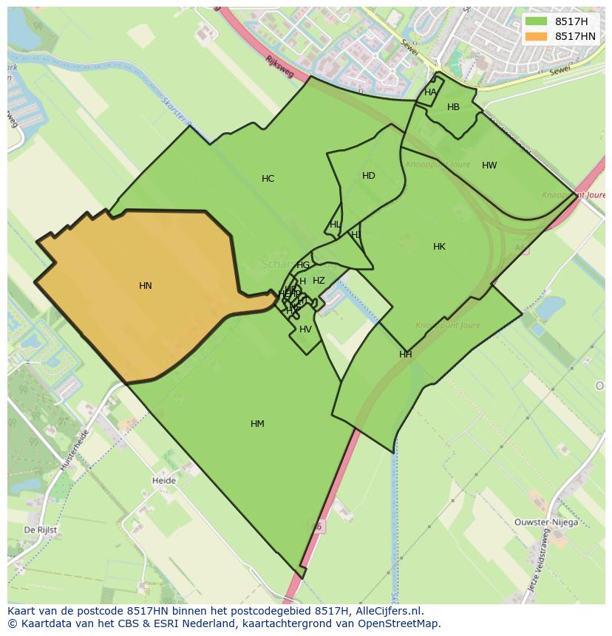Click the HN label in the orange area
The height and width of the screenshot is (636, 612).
pyautogui.click(x=146, y=285)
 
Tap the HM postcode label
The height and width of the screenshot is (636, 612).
pyautogui.click(x=257, y=423)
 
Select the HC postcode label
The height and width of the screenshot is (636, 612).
pyautogui.click(x=268, y=178)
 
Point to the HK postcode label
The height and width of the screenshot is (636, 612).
pyautogui.click(x=439, y=246)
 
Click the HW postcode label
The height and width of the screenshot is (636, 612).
pyautogui.click(x=489, y=165)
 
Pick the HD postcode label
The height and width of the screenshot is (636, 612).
pyautogui.click(x=369, y=175)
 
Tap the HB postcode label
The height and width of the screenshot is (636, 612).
pyautogui.click(x=453, y=106)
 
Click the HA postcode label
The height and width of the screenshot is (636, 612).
pyautogui.click(x=430, y=92)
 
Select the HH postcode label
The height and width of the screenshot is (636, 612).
pyautogui.click(x=405, y=354)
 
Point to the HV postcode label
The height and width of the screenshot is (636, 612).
pyautogui.click(x=305, y=329)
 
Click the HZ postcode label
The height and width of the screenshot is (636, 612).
pyautogui.click(x=319, y=280)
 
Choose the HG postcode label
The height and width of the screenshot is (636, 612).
pyautogui.click(x=303, y=264)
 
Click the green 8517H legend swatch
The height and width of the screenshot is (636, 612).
pyautogui.click(x=537, y=21)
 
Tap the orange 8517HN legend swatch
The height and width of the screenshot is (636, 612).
pyautogui.click(x=537, y=35)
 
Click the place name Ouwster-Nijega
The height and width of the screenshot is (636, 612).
pyautogui.click(x=546, y=522)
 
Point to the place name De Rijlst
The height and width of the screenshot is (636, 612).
pyautogui.click(x=40, y=530)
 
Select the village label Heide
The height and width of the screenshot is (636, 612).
pyautogui.click(x=163, y=480)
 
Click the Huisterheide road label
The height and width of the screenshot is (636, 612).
pyautogui.click(x=75, y=450)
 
